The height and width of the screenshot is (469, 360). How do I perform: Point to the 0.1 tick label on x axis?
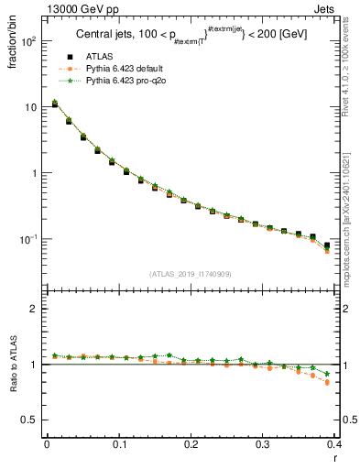pos(119,444)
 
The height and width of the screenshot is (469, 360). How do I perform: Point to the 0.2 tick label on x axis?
pos(191,444)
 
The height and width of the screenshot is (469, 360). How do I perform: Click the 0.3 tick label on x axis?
pos(263,444)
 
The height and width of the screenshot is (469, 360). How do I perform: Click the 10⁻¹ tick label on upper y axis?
pos(27,239)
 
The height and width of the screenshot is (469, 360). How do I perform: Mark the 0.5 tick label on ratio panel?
pos(29,420)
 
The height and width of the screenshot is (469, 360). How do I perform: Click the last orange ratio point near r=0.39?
pos(328,382)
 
